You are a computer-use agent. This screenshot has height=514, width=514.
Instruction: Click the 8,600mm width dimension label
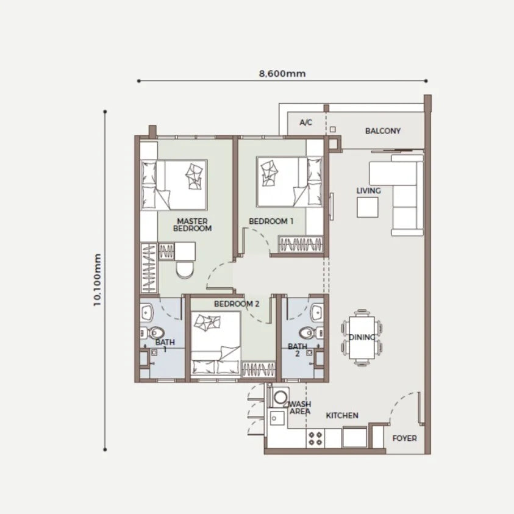pyautogui.click(x=282, y=73)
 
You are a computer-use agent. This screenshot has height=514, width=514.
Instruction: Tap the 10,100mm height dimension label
pyautogui.click(x=97, y=280)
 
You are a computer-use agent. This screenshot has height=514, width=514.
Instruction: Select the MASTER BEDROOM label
pyautogui.click(x=193, y=225)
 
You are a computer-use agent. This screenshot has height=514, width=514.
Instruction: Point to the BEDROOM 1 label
pyautogui.click(x=271, y=221)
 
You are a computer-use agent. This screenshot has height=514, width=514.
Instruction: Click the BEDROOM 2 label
pyautogui.click(x=237, y=304)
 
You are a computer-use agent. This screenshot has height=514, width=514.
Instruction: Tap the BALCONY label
pyautogui.click(x=383, y=131)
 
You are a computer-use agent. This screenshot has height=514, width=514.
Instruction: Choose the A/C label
pyautogui.click(x=306, y=123)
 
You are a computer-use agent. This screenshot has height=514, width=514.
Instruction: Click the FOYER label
pyautogui.click(x=404, y=438)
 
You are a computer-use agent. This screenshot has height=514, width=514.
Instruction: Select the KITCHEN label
pyautogui.click(x=342, y=416)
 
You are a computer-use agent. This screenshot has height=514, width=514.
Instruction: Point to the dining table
pyautogui.click(x=362, y=337)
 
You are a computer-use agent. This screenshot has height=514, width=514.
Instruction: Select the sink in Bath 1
pyautogui.click(x=146, y=312)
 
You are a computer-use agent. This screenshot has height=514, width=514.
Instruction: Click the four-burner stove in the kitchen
pyautogui.click(x=315, y=438)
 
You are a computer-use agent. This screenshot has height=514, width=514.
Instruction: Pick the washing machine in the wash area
pyautogui.click(x=280, y=397)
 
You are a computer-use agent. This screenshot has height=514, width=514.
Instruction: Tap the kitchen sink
pyautogui.click(x=277, y=418)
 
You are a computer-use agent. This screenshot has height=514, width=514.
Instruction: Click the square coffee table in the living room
pyautogui.click(x=368, y=207)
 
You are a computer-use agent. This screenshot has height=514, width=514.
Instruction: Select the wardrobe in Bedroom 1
pyautogui.click(x=301, y=245)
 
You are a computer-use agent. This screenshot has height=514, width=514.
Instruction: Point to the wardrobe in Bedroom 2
pyautogui.click(x=259, y=369)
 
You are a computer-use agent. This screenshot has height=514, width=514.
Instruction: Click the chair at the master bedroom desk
pyautogui.click(x=185, y=269)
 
